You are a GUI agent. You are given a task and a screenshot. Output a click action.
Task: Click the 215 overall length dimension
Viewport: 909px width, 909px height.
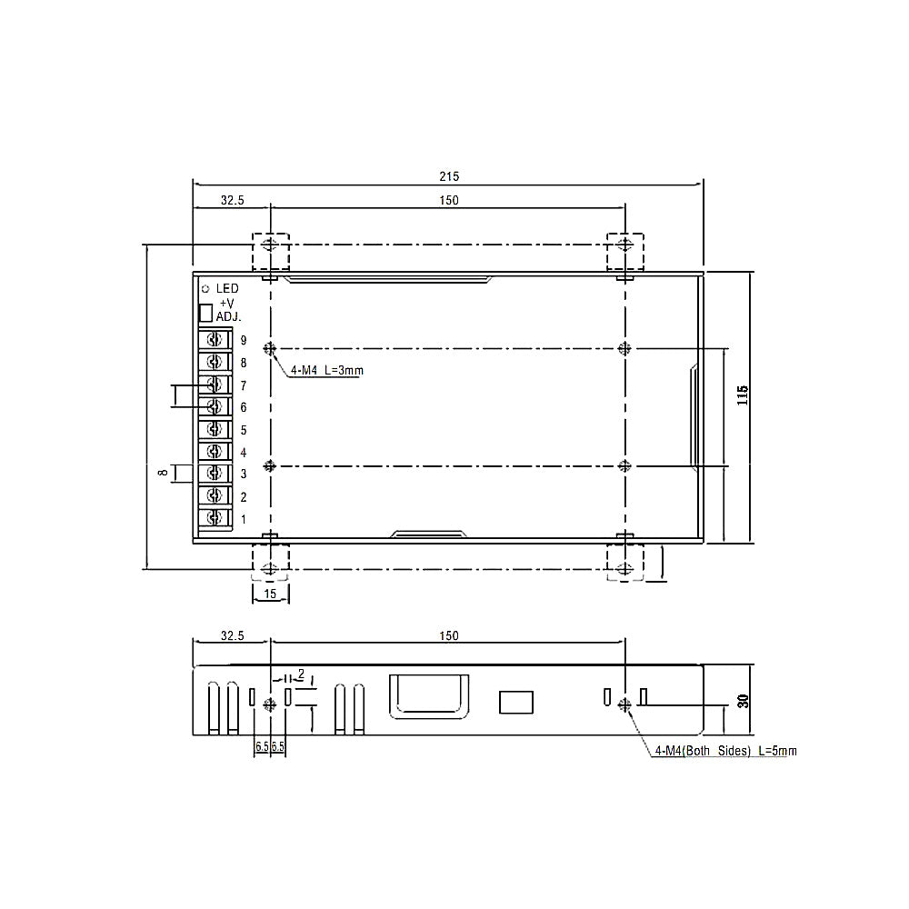[449, 176]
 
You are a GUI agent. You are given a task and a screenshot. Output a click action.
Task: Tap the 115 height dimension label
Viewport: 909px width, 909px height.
[743, 395]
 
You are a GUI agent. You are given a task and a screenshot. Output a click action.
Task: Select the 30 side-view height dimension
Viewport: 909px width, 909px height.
[744, 701]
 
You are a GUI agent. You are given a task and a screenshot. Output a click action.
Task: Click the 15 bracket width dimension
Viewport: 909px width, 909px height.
[270, 594]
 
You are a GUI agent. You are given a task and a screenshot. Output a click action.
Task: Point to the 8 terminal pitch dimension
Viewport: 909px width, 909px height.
[164, 473]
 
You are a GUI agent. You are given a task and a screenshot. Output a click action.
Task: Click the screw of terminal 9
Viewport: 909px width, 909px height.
[215, 340]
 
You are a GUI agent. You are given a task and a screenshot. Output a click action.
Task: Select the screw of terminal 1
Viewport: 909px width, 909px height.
[215, 518]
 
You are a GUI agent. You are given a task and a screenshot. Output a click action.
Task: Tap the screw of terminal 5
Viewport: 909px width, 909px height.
[215, 429]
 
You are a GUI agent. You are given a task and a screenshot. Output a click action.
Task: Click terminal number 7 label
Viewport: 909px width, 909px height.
[244, 385]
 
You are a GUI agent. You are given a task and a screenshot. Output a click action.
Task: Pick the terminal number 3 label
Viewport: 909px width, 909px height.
[244, 474]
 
